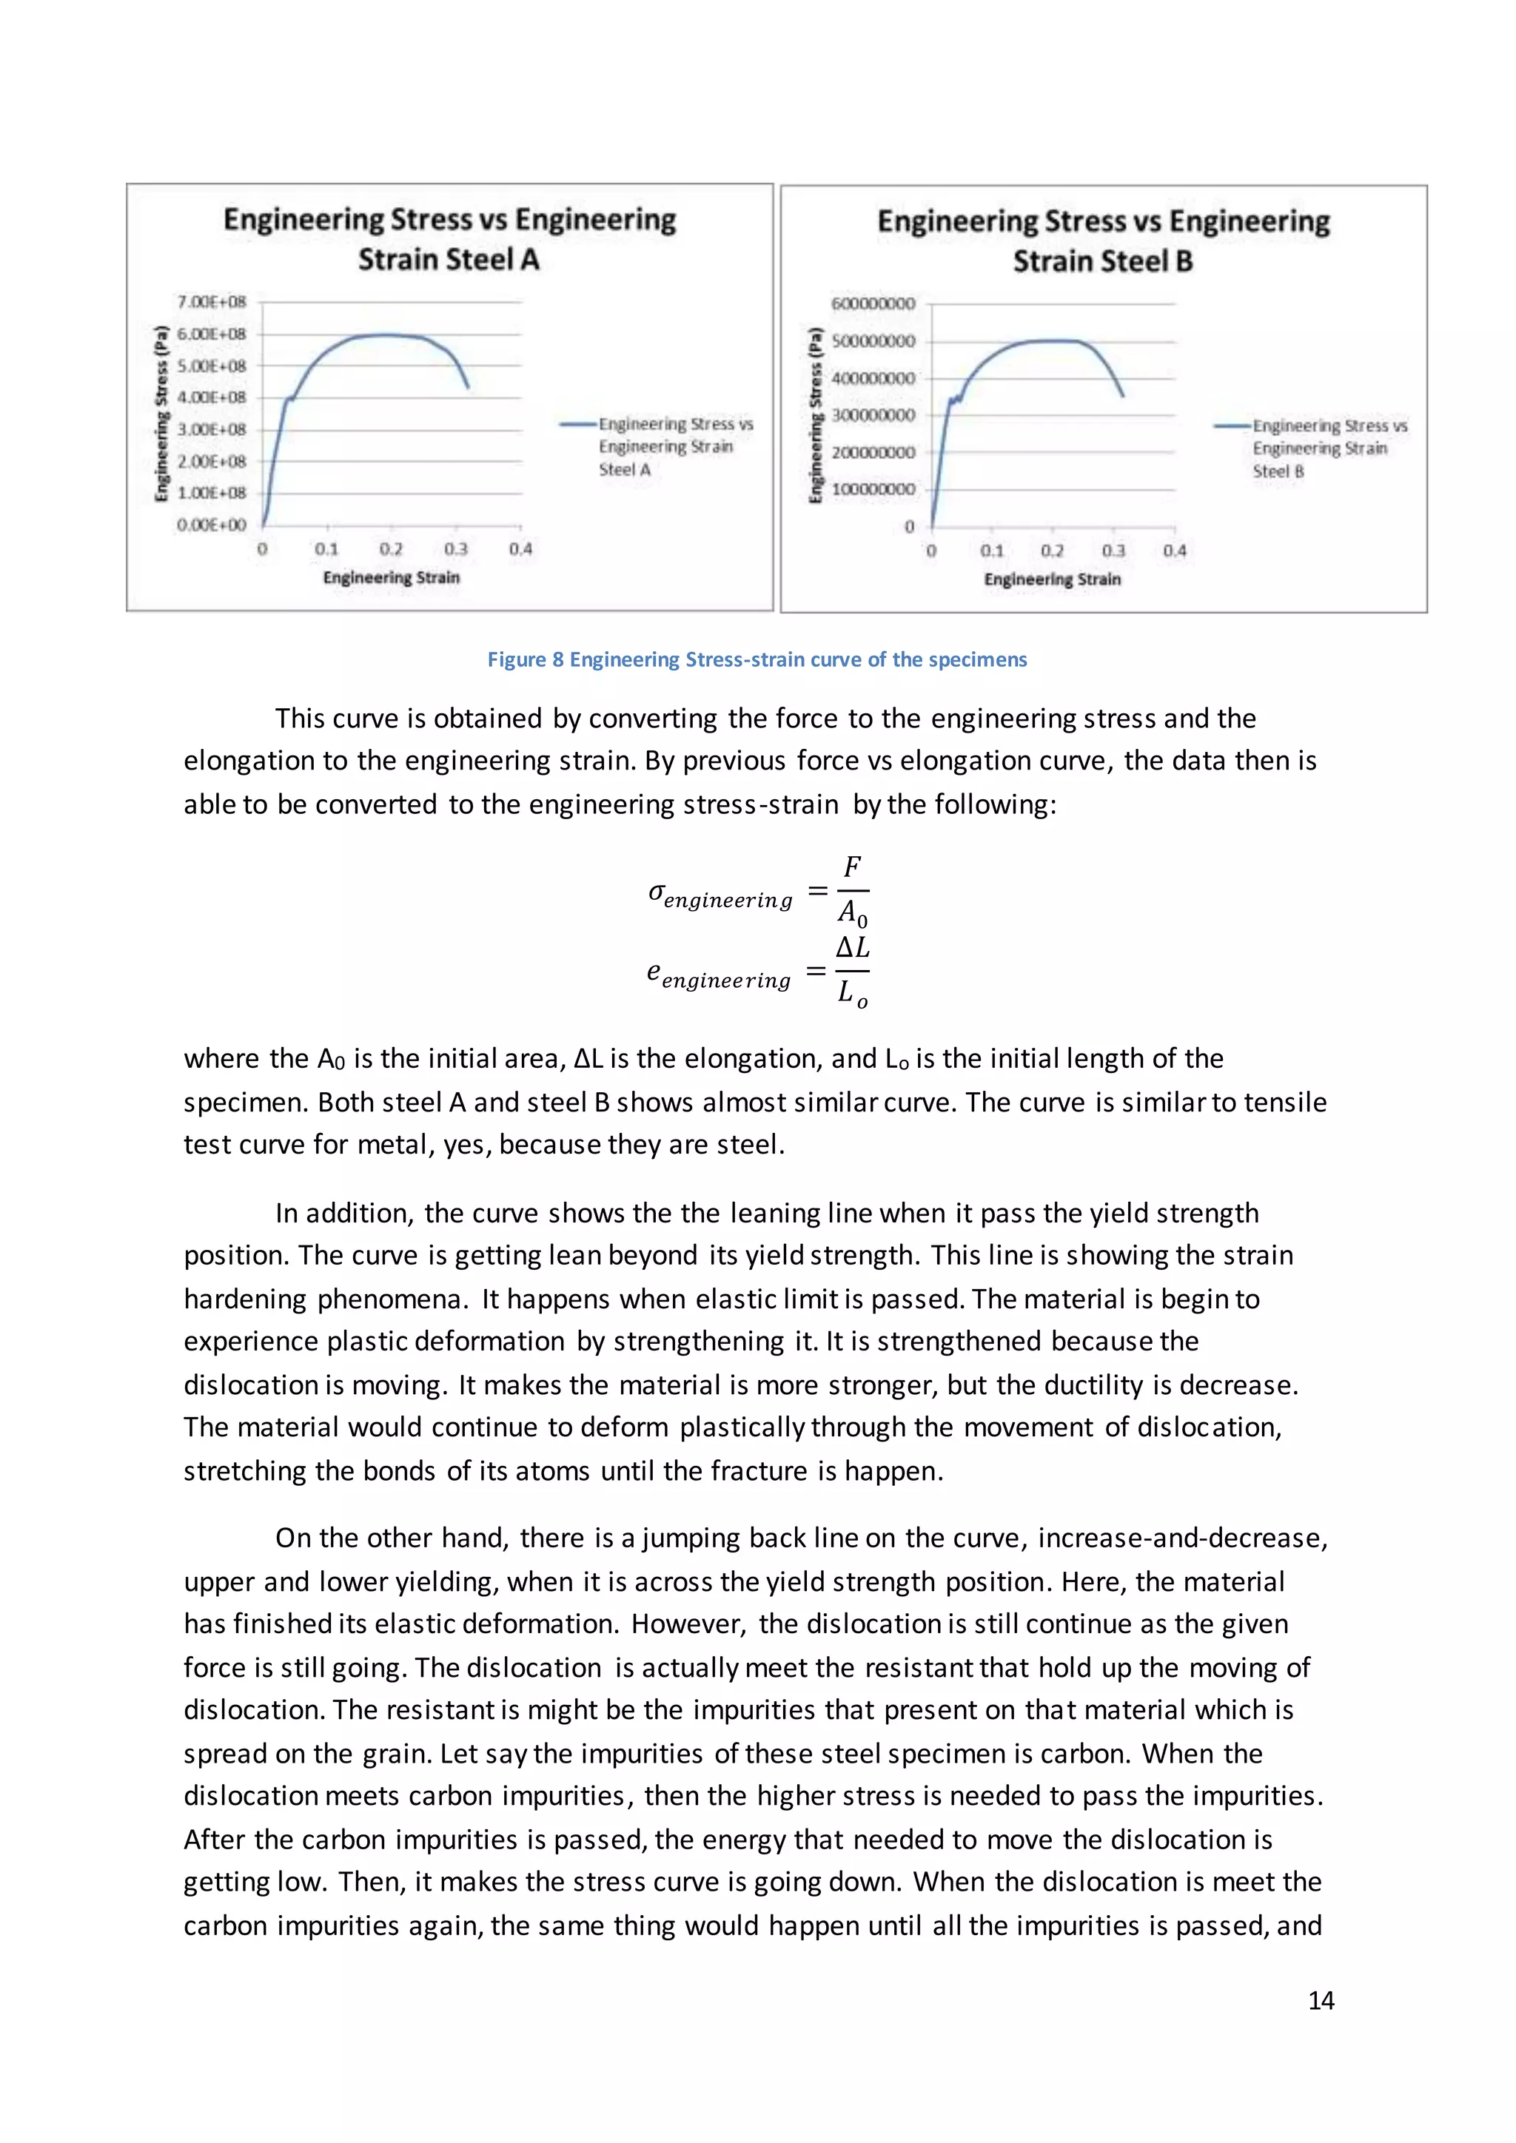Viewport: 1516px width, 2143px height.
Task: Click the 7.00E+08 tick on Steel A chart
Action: [212, 301]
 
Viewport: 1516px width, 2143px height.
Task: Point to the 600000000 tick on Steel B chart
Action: [873, 303]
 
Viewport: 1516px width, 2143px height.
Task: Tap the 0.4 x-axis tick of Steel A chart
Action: [520, 549]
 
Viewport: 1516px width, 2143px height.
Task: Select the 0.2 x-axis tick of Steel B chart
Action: [1052, 551]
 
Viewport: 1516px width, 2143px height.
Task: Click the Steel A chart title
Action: [449, 239]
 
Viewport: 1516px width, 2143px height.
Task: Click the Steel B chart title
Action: [1104, 240]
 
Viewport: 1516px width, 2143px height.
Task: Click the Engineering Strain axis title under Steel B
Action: [1052, 579]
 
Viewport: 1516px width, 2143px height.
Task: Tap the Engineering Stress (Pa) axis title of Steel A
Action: [161, 413]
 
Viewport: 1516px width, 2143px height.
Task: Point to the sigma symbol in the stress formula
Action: [657, 892]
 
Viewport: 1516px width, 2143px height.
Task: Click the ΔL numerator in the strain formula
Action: [851, 947]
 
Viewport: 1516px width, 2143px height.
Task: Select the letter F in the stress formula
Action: [851, 867]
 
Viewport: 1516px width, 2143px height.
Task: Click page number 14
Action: [1320, 2000]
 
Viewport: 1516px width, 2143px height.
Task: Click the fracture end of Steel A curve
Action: [468, 386]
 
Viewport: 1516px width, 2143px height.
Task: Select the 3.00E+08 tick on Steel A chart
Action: [212, 429]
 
